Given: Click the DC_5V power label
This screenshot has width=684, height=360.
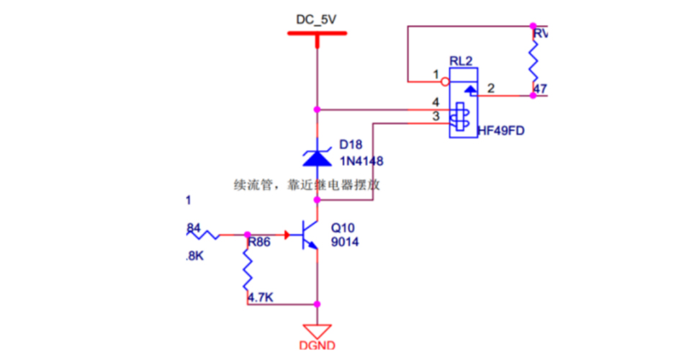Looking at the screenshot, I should pos(316,20).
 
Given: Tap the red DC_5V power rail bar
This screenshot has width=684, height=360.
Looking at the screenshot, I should pos(316,33).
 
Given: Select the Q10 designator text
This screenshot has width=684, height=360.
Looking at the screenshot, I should pos(343,228).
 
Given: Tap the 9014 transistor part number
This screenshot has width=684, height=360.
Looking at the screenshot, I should pos(344,243).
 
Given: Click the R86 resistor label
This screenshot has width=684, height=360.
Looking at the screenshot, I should pos(258,243).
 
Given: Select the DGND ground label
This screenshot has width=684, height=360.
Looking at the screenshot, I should pos(317,346).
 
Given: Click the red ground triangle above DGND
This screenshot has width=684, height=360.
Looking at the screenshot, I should pos(317,330).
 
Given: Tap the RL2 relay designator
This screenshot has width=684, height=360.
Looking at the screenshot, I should pos(460,61).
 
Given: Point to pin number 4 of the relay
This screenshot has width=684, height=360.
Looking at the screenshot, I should pos(436,102).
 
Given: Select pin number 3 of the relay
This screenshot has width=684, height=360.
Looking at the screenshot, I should pos(436,116).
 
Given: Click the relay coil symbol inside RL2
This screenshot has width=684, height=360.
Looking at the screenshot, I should pos(459,117).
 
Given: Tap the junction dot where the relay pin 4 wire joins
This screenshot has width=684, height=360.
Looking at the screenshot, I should pos(317,109).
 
